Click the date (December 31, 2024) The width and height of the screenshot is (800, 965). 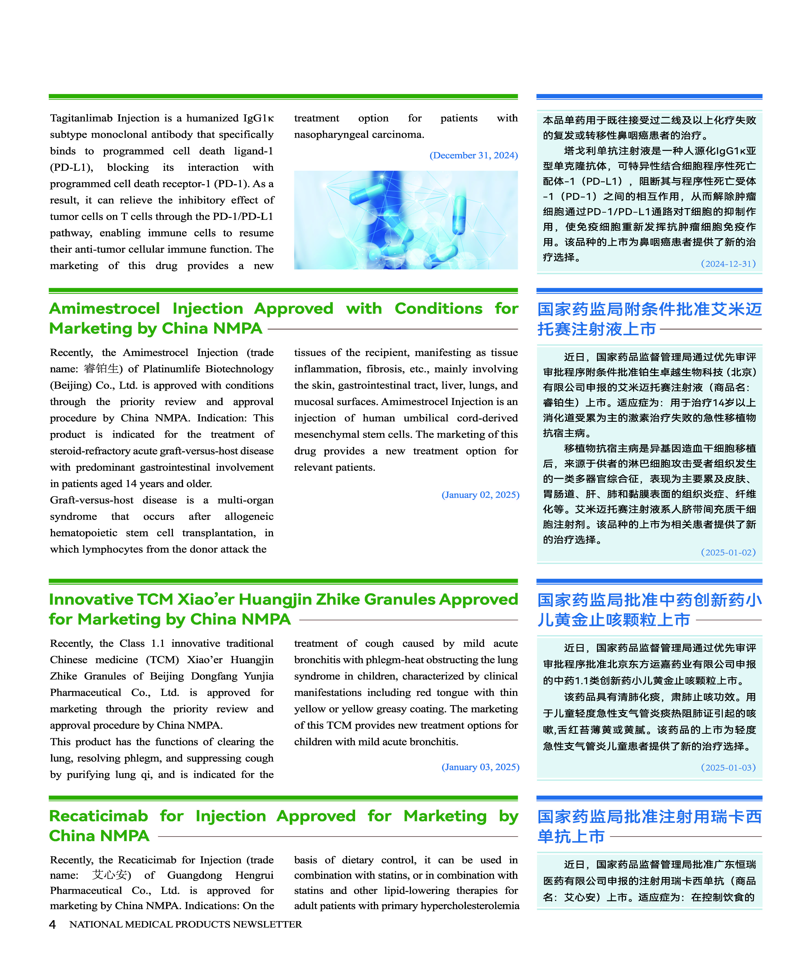[473, 155]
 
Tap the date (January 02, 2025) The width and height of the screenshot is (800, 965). [480, 495]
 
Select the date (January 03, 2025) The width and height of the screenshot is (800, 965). [480, 767]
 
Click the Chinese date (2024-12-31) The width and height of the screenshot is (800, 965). [728, 264]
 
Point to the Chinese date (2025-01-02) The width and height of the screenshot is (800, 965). [728, 552]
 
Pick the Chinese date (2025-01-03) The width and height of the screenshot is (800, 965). [728, 767]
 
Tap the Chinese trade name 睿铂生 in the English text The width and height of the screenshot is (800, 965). [102, 369]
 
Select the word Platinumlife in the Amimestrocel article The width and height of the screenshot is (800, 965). [171, 369]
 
